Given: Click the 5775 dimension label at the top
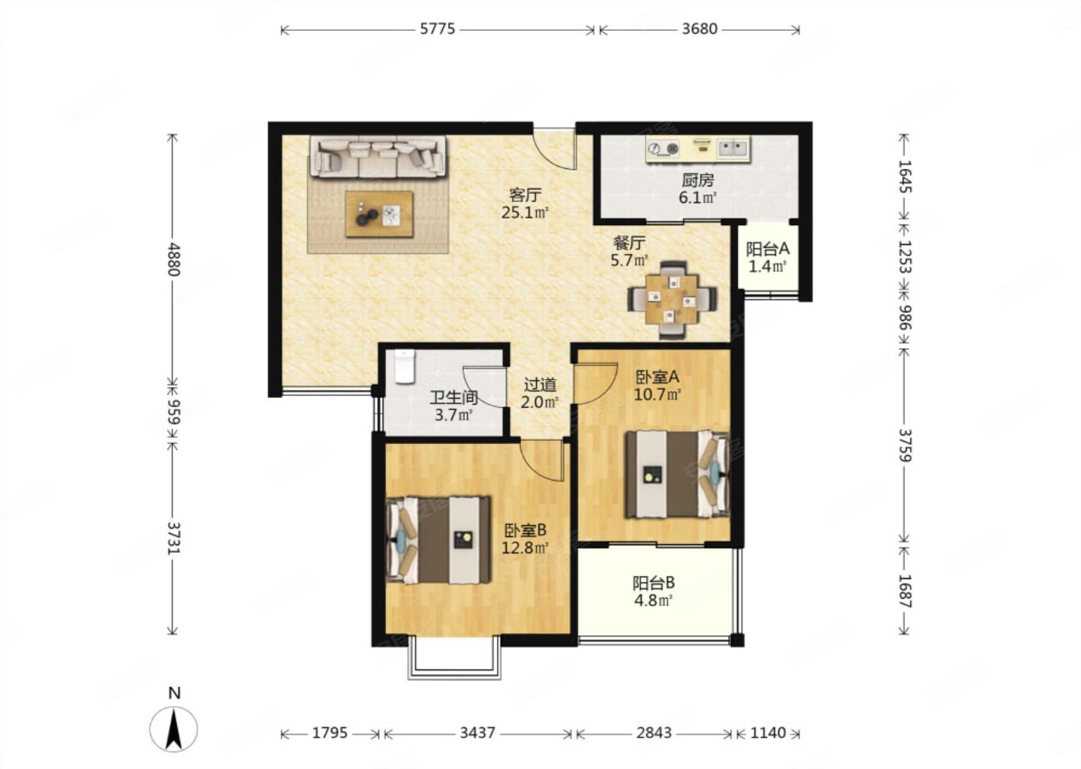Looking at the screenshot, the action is point(437,29).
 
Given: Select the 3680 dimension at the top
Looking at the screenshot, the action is point(700,29).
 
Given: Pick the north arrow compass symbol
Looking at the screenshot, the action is point(173,728).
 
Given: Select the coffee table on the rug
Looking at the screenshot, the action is point(379,214).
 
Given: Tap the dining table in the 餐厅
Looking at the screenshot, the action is point(673,300).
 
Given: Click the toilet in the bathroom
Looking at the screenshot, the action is point(405,367).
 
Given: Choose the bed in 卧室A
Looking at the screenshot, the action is point(677,475).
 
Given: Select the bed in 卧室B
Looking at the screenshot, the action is point(438,540).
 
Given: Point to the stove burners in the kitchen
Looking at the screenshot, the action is point(663,148).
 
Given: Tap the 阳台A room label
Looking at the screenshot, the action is point(767,249).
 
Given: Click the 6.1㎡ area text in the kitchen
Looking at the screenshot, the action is point(697,198).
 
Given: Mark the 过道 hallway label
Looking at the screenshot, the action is point(540,384).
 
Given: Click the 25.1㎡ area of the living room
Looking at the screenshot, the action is point(525,212).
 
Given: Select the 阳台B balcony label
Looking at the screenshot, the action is point(654,584).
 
